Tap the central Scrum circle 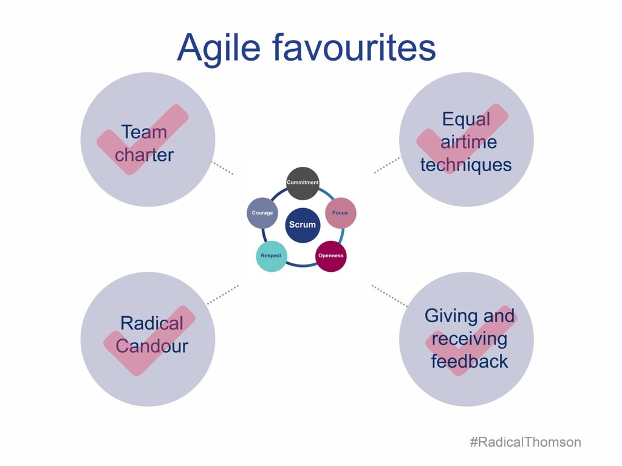pos(302,225)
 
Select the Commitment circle pos(302,183)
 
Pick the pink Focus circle pos(340,213)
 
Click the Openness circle pos(331,255)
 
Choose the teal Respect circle pos(271,255)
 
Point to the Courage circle pos(262,213)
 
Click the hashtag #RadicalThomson pos(525,442)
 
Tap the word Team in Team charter pos(144,132)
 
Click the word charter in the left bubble pos(144,155)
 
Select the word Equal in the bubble pos(466,119)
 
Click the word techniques pos(466,164)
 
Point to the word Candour pos(152,346)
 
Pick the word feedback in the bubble pos(469,362)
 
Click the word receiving pos(469,339)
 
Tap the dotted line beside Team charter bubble pos(222,168)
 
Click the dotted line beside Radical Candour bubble pos(222,294)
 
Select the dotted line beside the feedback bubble pos(389,295)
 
